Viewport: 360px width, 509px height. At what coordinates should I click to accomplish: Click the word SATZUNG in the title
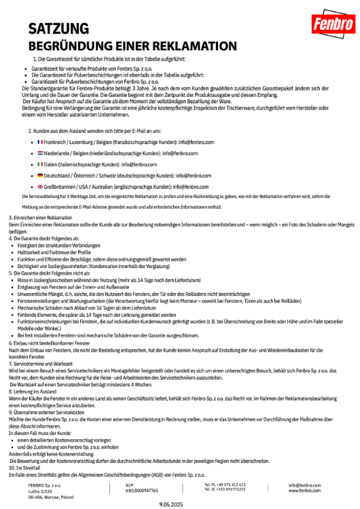[58, 29]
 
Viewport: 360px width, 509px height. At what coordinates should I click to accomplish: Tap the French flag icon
[40, 142]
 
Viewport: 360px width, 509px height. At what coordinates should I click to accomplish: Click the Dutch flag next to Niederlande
[40, 153]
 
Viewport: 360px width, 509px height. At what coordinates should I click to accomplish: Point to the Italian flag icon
[40, 164]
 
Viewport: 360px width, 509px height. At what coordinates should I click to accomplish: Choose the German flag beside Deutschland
[40, 175]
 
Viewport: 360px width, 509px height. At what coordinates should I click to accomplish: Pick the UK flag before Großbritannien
[40, 186]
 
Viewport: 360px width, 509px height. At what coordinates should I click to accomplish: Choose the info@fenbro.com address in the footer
[304, 485]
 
